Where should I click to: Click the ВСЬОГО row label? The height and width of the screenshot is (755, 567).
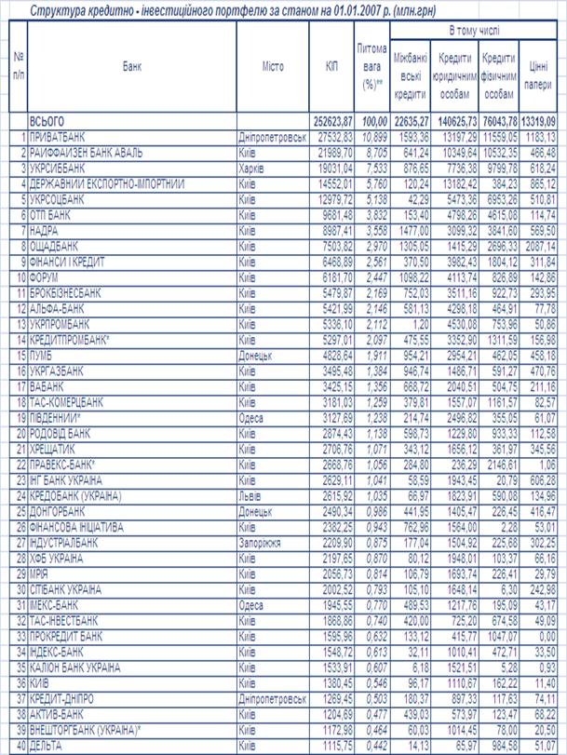pyautogui.click(x=49, y=122)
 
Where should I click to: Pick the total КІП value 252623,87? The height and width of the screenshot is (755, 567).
pyautogui.click(x=331, y=122)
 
